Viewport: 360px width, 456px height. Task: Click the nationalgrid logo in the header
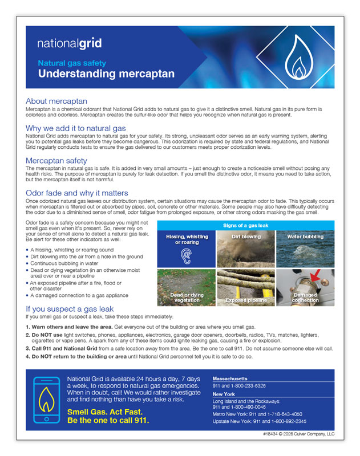70,43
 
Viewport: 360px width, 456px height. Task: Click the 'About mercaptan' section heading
56,101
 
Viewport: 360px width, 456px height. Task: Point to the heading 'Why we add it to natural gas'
76,128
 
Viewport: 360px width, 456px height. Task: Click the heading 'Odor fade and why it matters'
77,193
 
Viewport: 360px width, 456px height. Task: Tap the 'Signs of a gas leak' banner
245,226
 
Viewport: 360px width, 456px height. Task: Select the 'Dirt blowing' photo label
246,237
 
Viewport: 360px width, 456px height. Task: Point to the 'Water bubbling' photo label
305,237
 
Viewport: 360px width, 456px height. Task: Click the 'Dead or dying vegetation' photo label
187,297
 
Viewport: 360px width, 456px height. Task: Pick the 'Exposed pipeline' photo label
246,300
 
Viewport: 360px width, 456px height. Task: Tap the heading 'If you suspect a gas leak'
70,309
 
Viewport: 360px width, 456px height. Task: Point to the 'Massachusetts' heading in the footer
230,378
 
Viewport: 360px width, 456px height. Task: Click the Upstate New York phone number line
259,421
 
